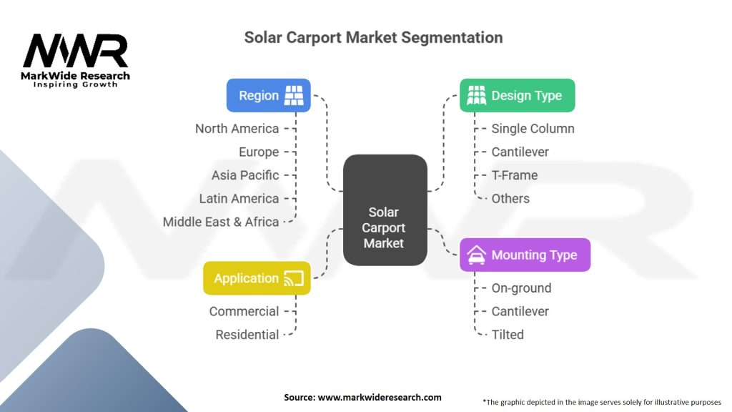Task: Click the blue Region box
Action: (269, 95)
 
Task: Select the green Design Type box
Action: (518, 95)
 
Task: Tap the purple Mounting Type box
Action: (525, 255)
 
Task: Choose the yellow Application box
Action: (257, 278)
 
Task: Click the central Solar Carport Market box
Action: (385, 210)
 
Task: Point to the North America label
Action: (237, 129)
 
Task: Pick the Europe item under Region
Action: (259, 152)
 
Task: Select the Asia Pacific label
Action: (245, 175)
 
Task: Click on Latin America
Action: (239, 199)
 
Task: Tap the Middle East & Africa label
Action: (220, 222)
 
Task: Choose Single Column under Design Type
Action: (533, 129)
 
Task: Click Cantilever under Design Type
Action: (520, 152)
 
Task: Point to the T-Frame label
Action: (515, 175)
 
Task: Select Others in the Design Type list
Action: (510, 199)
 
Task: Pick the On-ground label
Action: (521, 288)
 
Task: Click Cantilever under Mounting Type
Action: (520, 311)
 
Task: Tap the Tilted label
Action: (508, 335)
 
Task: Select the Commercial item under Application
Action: (244, 311)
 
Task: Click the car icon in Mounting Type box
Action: (476, 255)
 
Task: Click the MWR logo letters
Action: (75, 51)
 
